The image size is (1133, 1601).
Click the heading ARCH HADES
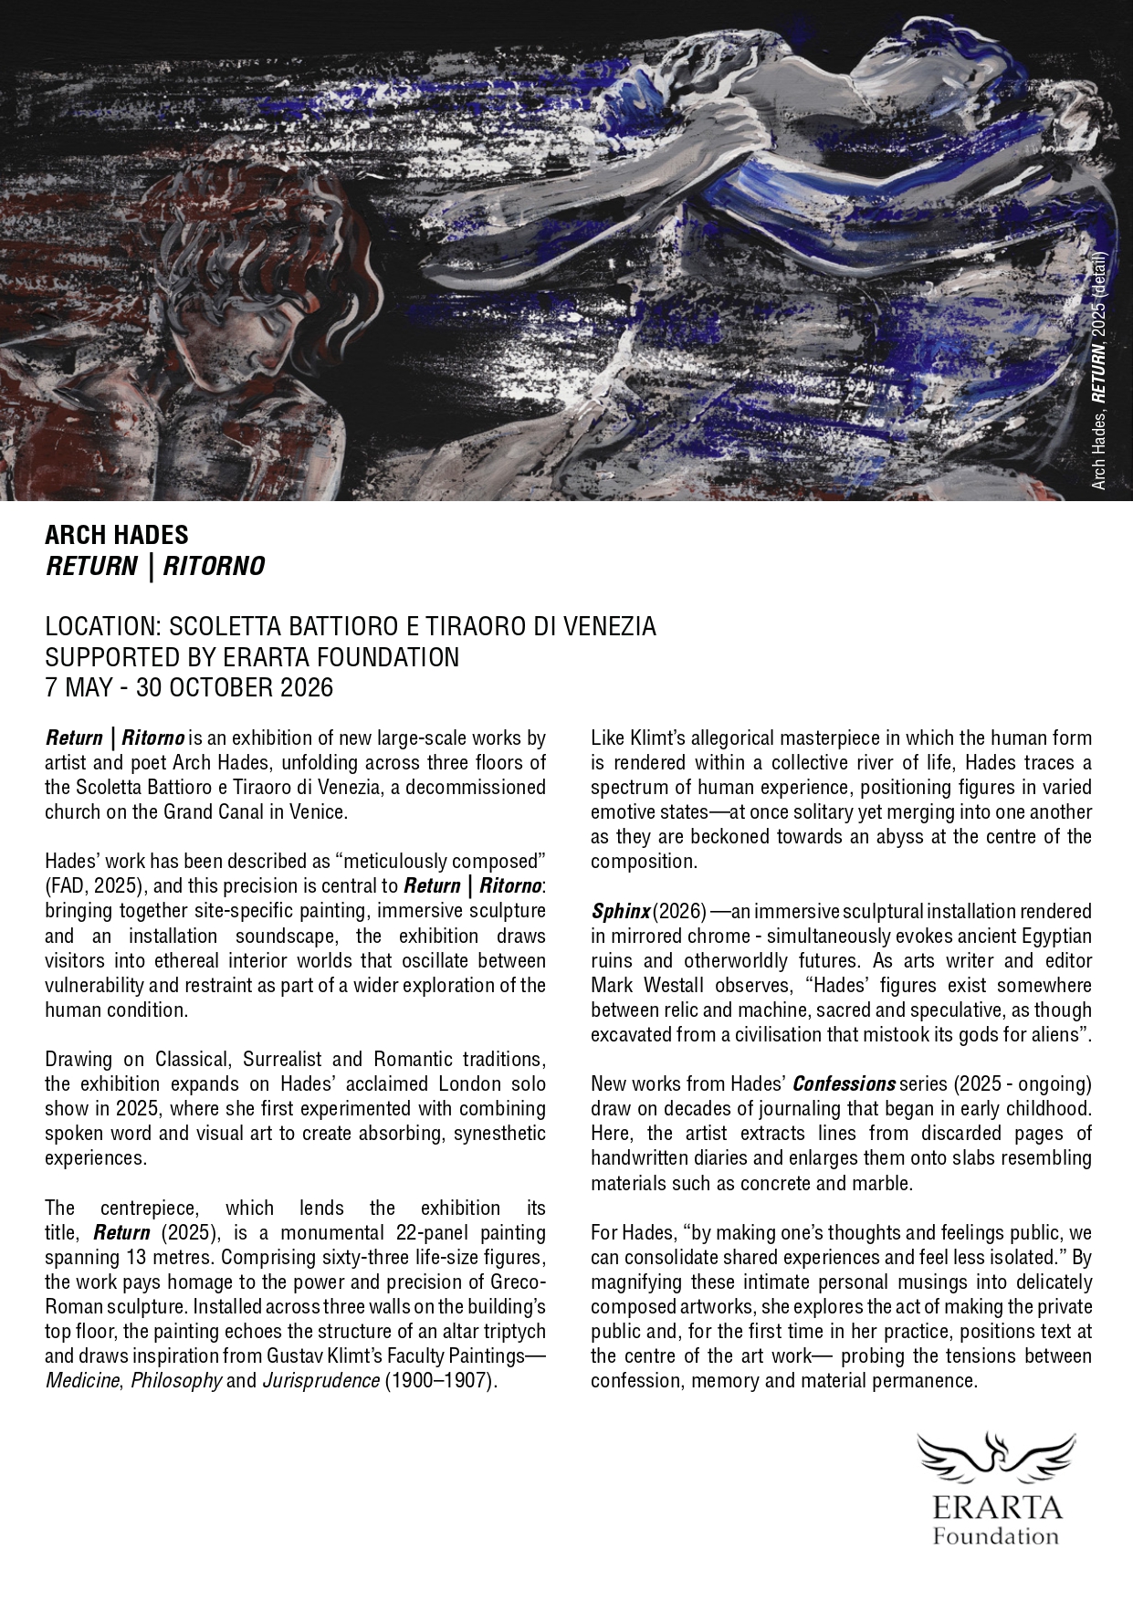(116, 535)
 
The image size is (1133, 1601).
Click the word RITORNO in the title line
(214, 567)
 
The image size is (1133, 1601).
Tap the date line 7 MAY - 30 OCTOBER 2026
(189, 687)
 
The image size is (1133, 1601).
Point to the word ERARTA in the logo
(995, 1505)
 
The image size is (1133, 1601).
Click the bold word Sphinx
(620, 911)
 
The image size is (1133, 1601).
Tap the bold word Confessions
(844, 1084)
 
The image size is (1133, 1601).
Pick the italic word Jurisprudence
(320, 1379)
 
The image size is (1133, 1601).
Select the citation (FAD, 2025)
(100, 885)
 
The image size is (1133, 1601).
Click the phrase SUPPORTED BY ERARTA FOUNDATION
(252, 657)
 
